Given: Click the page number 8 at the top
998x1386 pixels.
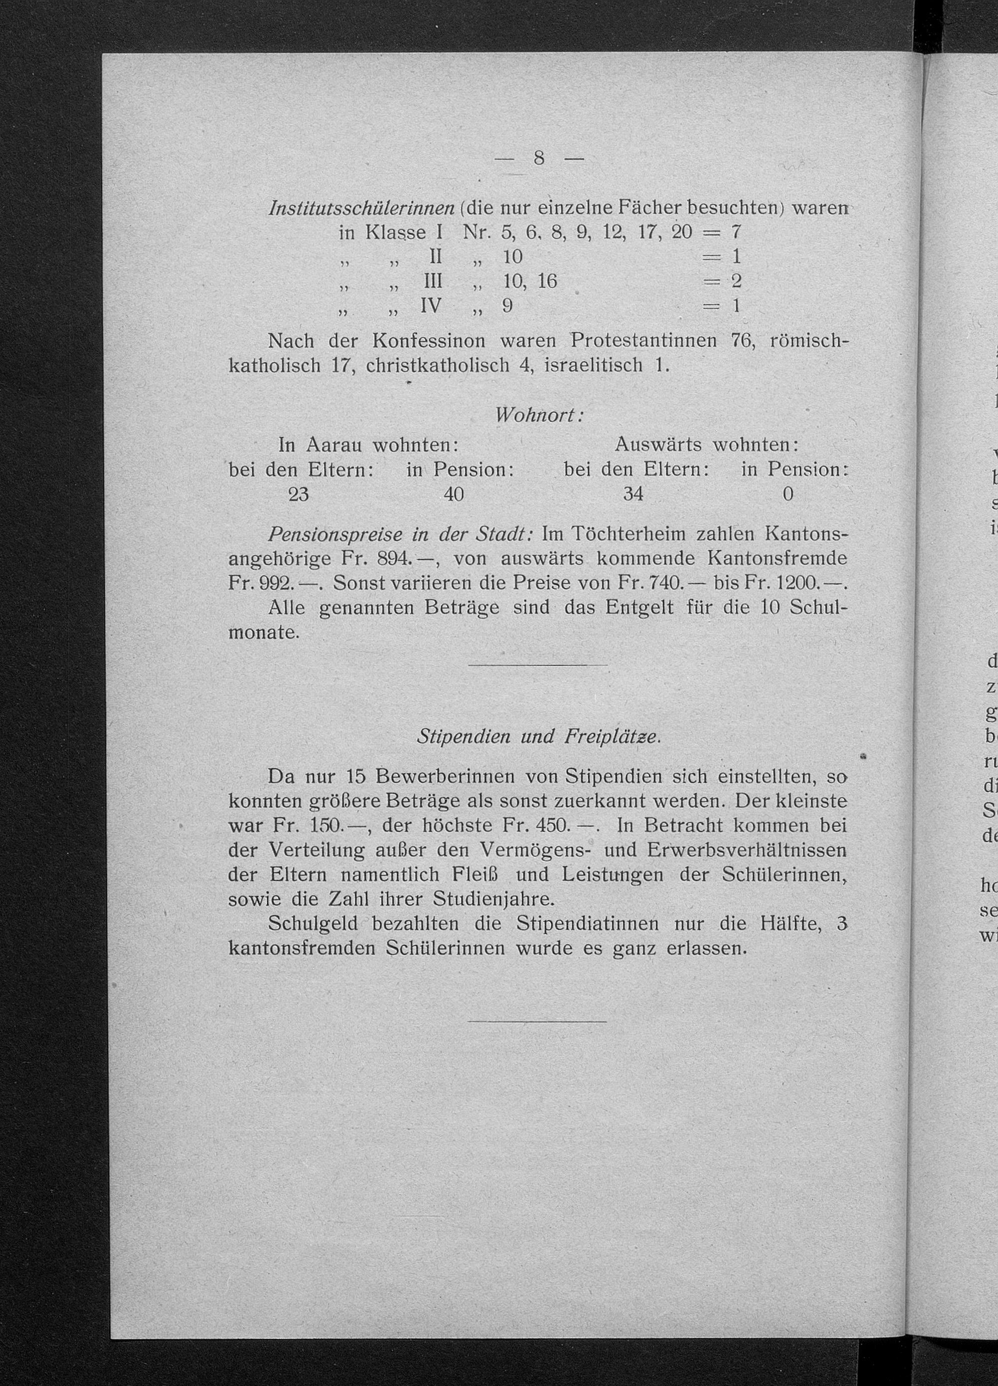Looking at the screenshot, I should tap(538, 158).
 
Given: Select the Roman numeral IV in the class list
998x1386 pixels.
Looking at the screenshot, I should tap(430, 305).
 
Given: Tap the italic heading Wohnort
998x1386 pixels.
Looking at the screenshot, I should tap(537, 415).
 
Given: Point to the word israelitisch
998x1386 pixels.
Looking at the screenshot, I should tap(593, 365).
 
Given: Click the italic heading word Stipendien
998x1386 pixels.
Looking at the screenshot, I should tap(463, 737).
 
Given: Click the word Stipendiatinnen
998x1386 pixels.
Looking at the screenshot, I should tap(587, 924).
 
